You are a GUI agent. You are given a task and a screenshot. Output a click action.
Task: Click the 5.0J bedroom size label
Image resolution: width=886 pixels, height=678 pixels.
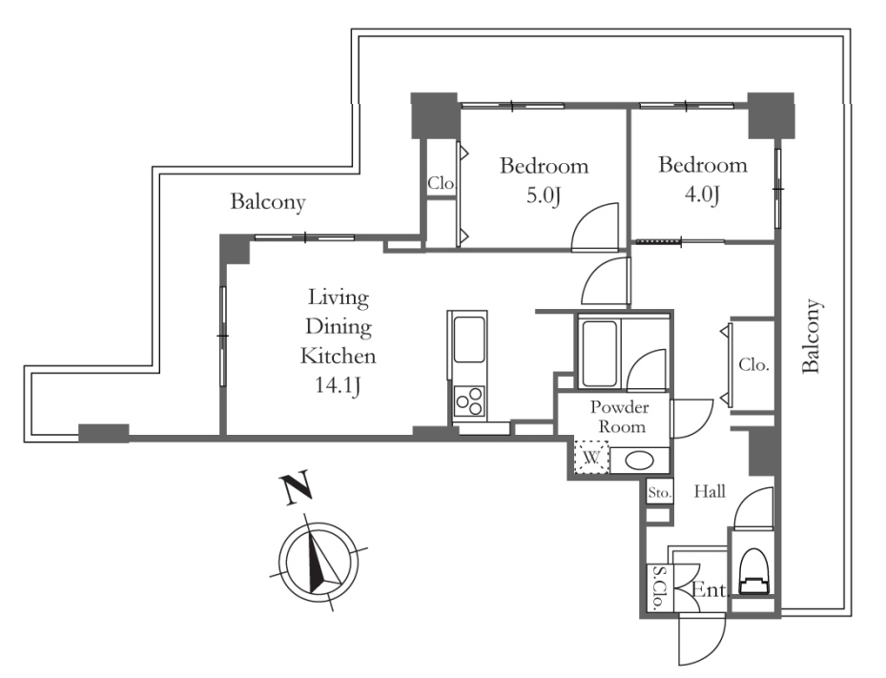point(544,195)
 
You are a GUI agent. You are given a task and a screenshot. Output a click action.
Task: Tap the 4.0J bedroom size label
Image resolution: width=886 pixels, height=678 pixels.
point(702,195)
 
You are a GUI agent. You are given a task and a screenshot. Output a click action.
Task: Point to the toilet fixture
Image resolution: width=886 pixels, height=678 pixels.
point(755,572)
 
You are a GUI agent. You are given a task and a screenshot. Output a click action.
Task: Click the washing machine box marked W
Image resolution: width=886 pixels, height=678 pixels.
point(591,456)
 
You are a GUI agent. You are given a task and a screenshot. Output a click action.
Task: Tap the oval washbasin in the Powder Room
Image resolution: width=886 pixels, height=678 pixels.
point(640,461)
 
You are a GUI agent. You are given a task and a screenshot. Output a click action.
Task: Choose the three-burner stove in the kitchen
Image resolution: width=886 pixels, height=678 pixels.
point(470,401)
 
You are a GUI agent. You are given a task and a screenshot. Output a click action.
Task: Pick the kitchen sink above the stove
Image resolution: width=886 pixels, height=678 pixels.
point(469,339)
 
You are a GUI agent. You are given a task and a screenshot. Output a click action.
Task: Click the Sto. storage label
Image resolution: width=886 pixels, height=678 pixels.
point(659,493)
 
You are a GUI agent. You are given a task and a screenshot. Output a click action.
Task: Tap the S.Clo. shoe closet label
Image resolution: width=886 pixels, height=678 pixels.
point(659,588)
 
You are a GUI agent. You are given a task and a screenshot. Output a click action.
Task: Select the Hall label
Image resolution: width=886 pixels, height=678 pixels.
point(710,491)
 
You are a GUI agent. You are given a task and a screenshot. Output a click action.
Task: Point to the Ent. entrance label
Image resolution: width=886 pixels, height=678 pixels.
point(711,590)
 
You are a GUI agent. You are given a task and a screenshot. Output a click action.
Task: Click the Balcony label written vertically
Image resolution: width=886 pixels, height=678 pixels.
point(811,336)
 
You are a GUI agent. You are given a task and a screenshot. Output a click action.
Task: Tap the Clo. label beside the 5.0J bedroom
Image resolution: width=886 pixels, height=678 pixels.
point(441,183)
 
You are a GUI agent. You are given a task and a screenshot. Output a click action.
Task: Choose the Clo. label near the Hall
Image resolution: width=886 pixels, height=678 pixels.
point(753,364)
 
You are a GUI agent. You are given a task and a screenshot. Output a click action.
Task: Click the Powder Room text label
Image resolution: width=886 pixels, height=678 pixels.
point(621,417)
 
